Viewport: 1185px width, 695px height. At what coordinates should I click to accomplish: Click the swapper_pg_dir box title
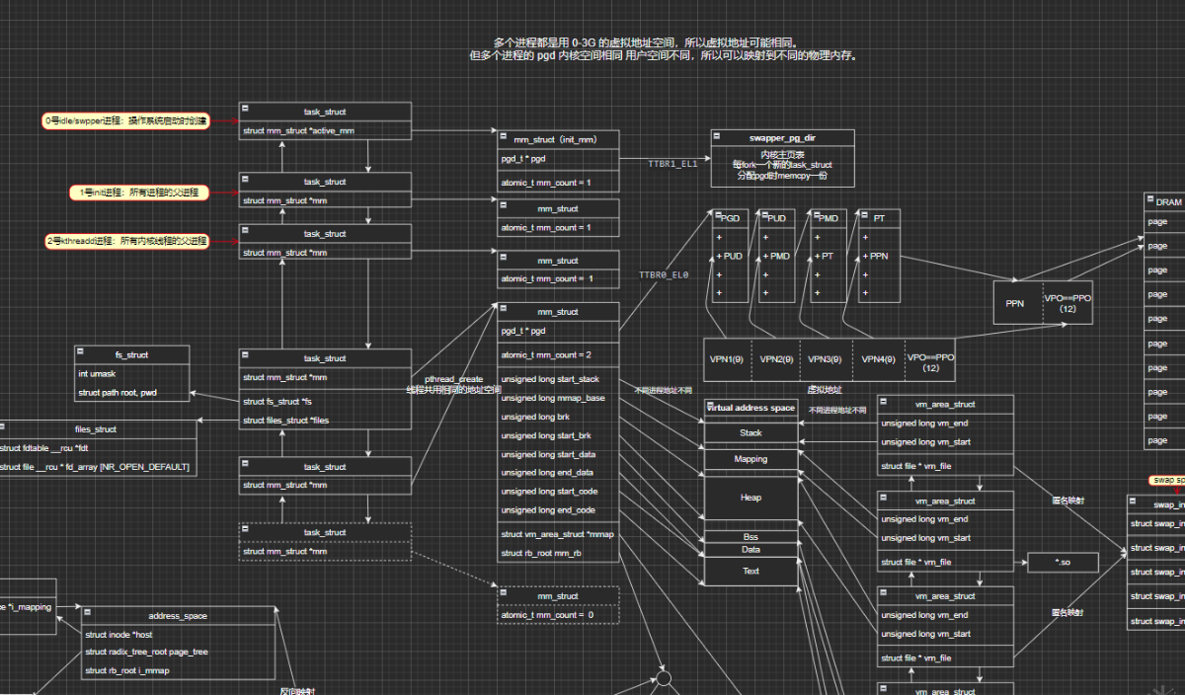pyautogui.click(x=781, y=138)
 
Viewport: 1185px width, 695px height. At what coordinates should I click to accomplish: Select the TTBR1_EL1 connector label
pyautogui.click(x=672, y=164)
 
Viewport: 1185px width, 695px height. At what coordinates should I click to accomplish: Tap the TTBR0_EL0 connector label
pyautogui.click(x=664, y=274)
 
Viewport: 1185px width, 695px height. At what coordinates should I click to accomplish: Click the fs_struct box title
pyautogui.click(x=131, y=353)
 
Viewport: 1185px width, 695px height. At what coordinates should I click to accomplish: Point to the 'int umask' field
pyautogui.click(x=96, y=374)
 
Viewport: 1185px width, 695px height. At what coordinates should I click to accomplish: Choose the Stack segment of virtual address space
pyautogui.click(x=750, y=432)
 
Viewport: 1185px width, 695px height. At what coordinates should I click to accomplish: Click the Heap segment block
pyautogui.click(x=750, y=498)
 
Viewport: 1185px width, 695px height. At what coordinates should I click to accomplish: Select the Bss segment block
pyautogui.click(x=750, y=537)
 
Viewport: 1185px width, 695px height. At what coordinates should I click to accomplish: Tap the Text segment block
pyautogui.click(x=750, y=571)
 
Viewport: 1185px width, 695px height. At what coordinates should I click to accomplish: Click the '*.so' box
pyautogui.click(x=1063, y=562)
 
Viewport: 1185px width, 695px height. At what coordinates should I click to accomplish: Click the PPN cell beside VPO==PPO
pyautogui.click(x=1015, y=303)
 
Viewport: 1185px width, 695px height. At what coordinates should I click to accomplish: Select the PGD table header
pyautogui.click(x=731, y=217)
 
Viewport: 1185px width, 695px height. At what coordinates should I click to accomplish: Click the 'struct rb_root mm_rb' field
pyautogui.click(x=541, y=553)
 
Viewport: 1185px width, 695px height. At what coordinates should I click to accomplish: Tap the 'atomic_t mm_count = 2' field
pyautogui.click(x=546, y=354)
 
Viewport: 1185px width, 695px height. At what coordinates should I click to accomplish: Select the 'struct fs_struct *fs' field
pyautogui.click(x=277, y=402)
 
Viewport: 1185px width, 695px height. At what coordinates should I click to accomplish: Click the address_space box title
pyautogui.click(x=178, y=615)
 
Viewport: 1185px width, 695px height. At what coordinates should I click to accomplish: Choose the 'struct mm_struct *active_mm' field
pyautogui.click(x=298, y=130)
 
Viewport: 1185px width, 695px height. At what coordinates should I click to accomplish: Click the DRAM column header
pyautogui.click(x=1168, y=201)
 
